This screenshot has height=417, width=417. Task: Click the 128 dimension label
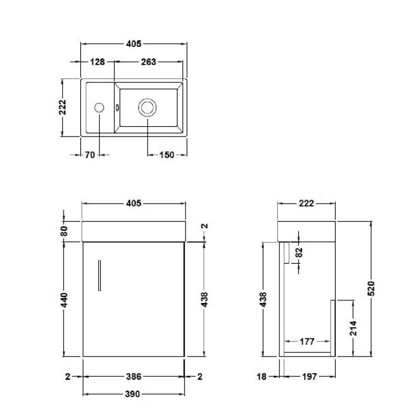pyautogui.click(x=97, y=62)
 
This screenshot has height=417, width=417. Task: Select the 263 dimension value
pyautogui.click(x=149, y=62)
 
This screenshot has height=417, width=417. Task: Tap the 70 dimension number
pyautogui.click(x=90, y=155)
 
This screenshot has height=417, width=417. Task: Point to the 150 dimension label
pyautogui.click(x=167, y=155)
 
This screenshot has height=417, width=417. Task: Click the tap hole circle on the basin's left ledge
pyautogui.click(x=99, y=108)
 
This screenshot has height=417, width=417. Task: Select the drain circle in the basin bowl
pyautogui.click(x=147, y=107)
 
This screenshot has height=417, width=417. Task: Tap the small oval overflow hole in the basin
pyautogui.click(x=117, y=108)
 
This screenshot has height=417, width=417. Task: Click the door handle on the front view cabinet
pyautogui.click(x=100, y=275)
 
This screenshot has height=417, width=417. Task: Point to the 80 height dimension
pyautogui.click(x=64, y=231)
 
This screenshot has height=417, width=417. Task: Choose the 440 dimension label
pyautogui.click(x=64, y=300)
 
